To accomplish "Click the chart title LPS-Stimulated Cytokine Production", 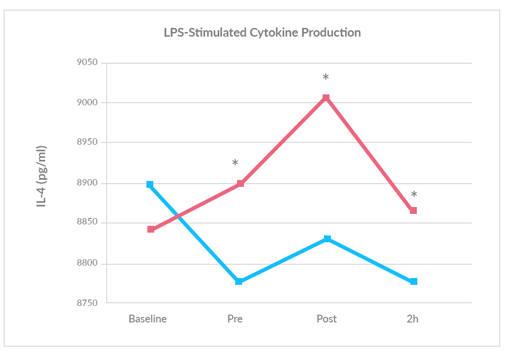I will coord(262,33).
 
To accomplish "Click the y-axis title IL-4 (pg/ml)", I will coord(42,177).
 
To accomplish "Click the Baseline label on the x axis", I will coord(147,319).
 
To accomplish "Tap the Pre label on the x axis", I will coord(235,319).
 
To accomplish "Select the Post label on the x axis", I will coord(326,319).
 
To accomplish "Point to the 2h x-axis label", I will coord(412,319).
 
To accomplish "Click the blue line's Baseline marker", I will coord(150,185).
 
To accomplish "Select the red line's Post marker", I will coord(326,98).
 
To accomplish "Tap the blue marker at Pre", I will coord(239,281).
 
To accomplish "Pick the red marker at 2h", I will coord(414,211).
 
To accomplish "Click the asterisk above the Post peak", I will coord(326,77).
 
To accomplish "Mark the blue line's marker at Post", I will coord(327,239).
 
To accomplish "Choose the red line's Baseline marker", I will coord(151,229).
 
